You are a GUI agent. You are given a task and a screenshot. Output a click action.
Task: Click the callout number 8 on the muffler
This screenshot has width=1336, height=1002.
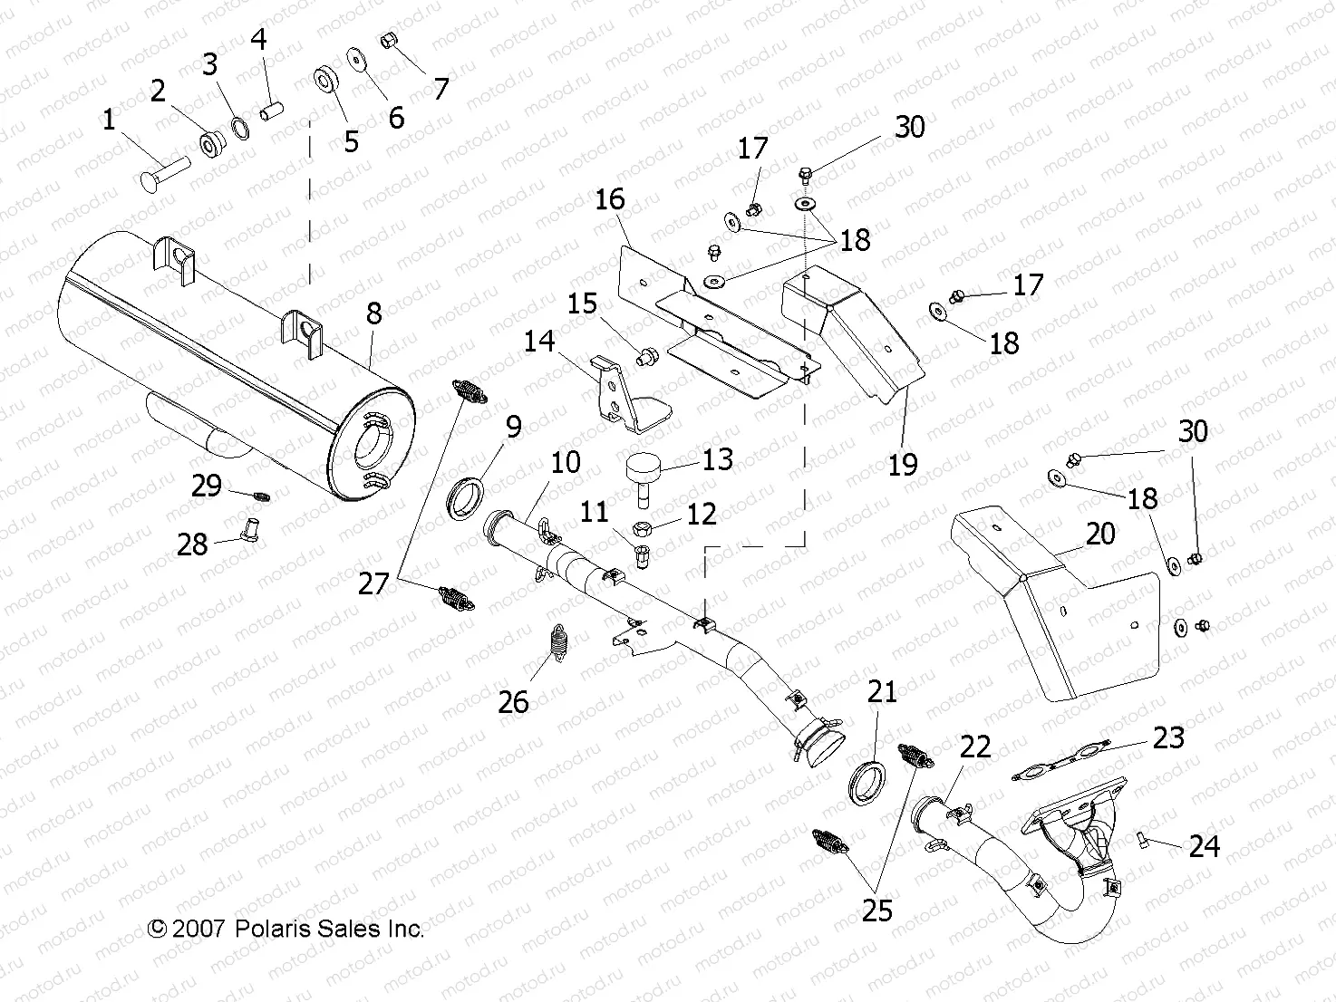pyautogui.click(x=373, y=313)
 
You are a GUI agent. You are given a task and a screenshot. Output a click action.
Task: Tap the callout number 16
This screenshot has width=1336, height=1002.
pyautogui.click(x=610, y=199)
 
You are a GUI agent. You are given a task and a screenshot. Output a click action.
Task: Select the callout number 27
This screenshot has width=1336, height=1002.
pyautogui.click(x=373, y=583)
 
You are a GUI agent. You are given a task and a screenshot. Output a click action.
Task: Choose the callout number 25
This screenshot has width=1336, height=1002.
pyautogui.click(x=876, y=910)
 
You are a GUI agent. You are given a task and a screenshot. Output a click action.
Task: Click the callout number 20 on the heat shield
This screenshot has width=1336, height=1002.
pyautogui.click(x=1099, y=534)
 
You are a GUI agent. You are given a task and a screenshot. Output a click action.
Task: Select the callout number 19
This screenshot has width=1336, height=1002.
pyautogui.click(x=902, y=464)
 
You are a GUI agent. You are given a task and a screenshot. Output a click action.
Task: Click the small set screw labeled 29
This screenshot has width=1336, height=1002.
pyautogui.click(x=261, y=496)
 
